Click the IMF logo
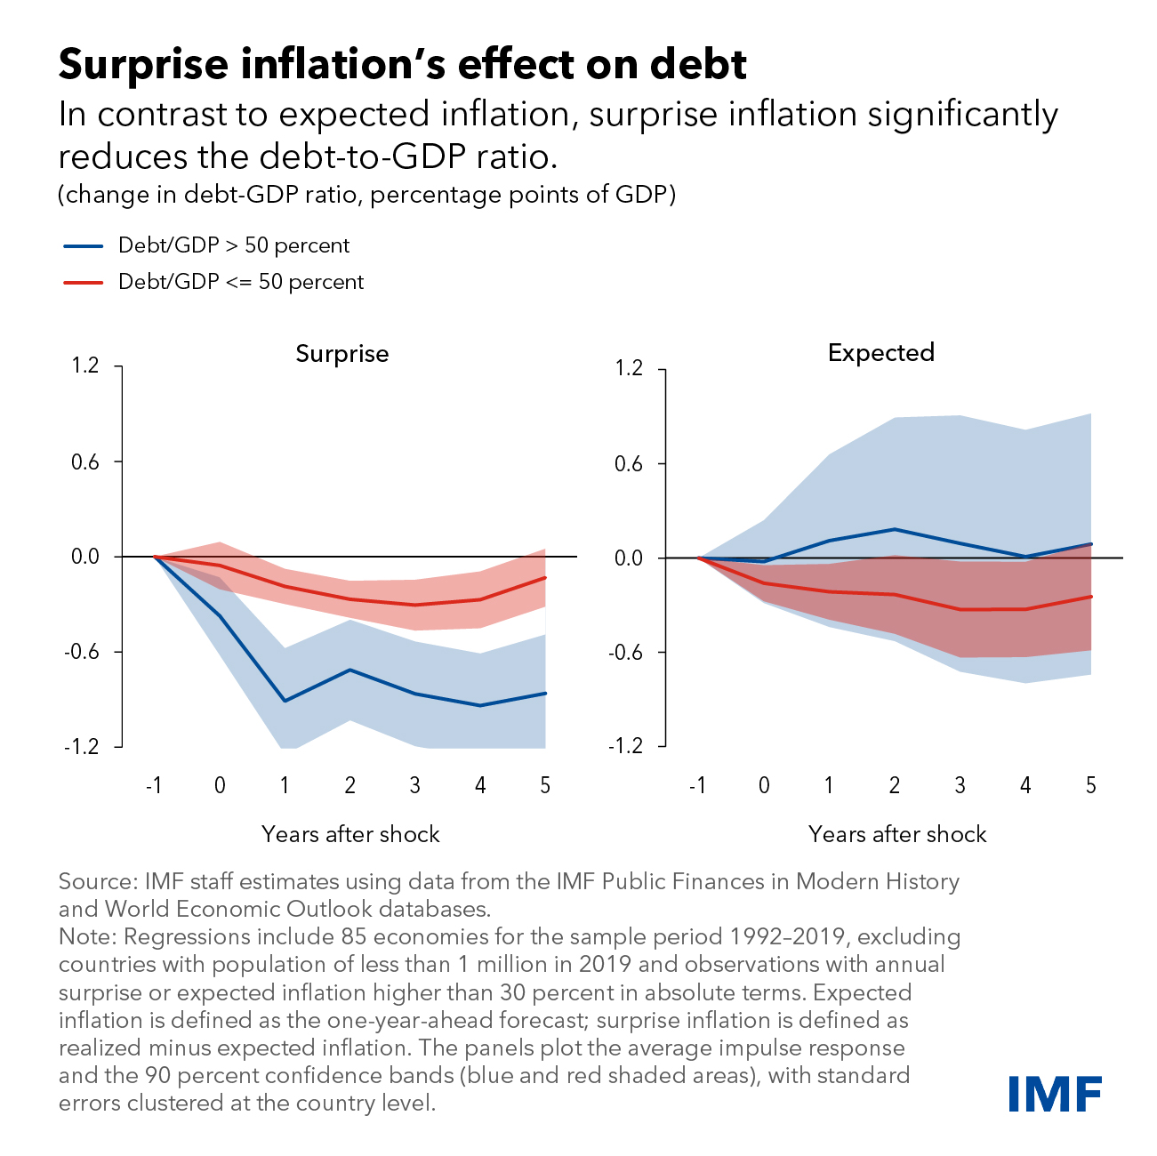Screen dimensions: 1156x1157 pyautogui.click(x=1056, y=1093)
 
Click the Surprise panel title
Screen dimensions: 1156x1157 pyautogui.click(x=341, y=354)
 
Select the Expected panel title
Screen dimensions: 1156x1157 pyautogui.click(x=880, y=353)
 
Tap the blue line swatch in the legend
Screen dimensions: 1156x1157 pyautogui.click(x=84, y=245)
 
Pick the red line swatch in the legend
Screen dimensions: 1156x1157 pyautogui.click(x=84, y=283)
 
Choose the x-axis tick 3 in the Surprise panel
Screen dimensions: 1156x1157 pyautogui.click(x=414, y=785)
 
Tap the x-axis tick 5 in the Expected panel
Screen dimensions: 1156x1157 pyautogui.click(x=1090, y=785)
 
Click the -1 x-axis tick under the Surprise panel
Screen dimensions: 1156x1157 pyautogui.click(x=154, y=785)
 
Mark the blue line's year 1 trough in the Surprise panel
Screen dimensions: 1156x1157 pyautogui.click(x=285, y=702)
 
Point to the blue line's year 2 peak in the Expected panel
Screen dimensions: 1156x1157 pyautogui.click(x=894, y=529)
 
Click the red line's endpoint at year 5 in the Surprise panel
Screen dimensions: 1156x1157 pyautogui.click(x=545, y=578)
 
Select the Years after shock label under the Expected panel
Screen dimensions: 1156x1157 pyautogui.click(x=896, y=834)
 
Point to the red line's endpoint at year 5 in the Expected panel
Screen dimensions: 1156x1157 pyautogui.click(x=1090, y=597)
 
